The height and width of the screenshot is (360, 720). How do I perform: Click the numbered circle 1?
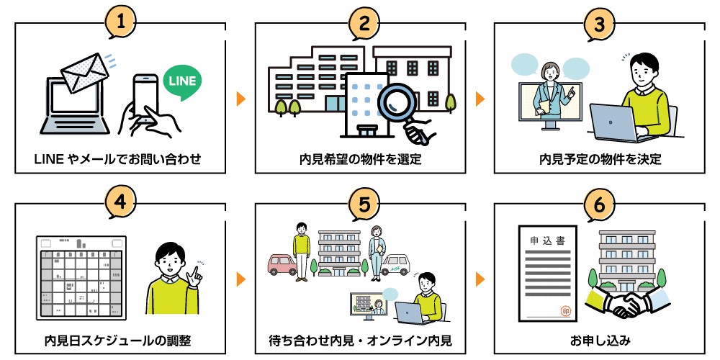click(124, 22)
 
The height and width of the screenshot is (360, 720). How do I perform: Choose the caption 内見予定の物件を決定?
click(600, 158)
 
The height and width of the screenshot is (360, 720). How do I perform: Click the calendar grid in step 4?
click(81, 277)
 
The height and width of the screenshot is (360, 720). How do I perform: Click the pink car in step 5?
click(281, 264)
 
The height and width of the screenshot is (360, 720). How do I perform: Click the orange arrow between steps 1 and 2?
click(240, 98)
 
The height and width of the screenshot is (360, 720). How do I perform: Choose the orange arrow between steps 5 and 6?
click(480, 279)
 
